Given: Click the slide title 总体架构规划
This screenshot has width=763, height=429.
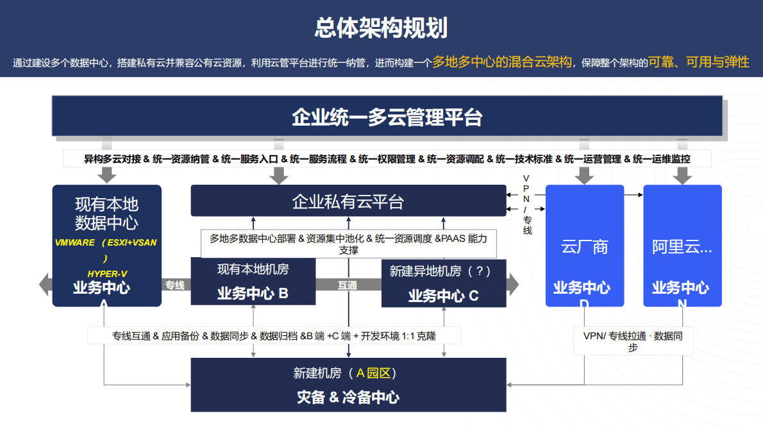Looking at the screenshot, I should point(381,28).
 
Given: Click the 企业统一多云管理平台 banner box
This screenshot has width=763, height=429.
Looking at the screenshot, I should point(387,117).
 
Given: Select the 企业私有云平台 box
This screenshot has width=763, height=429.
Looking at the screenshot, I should point(348,202).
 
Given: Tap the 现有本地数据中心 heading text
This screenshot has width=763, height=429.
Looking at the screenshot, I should point(106,214).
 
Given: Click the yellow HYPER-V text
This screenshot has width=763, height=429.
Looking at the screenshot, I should point(107,274).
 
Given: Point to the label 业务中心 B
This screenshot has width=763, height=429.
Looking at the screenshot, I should point(253,294).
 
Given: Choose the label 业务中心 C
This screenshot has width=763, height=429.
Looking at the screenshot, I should point(443,296).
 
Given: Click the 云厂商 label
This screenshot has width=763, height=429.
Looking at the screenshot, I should point(584,247).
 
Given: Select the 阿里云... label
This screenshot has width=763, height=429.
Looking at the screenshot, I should point(682,247).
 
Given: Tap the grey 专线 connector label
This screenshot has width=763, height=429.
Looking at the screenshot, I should point(175,285).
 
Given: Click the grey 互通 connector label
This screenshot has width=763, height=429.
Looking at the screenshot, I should point(348,285).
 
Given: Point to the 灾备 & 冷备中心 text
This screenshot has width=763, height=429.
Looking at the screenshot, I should point(348,397).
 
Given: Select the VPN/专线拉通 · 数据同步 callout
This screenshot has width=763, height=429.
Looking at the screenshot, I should point(633,341).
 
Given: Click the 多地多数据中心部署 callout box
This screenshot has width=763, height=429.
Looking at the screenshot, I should point(348,244).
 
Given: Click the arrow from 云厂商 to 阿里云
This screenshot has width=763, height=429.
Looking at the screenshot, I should point(633,194).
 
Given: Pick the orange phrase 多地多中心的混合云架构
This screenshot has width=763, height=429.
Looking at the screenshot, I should point(501,62).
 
